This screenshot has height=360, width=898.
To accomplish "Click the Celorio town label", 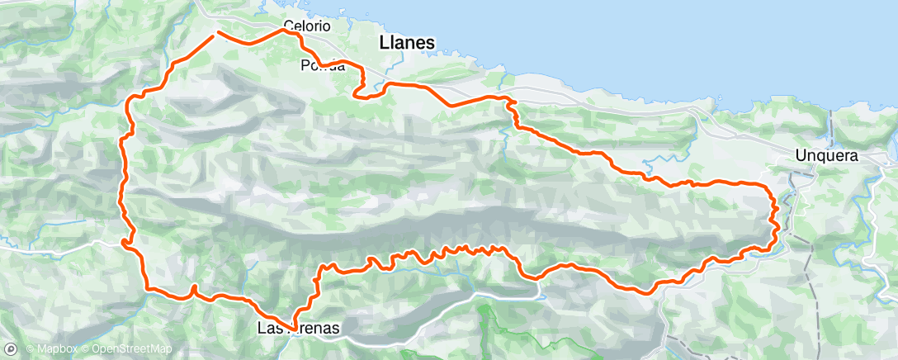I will click(x=306, y=26).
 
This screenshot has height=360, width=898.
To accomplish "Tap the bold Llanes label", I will click(x=407, y=42).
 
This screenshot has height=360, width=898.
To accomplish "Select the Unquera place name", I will click(x=827, y=154).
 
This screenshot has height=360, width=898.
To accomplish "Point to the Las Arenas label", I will click(x=298, y=329).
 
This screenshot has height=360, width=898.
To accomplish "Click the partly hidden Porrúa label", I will click(x=322, y=66).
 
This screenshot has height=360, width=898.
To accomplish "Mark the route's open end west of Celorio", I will click(x=216, y=33).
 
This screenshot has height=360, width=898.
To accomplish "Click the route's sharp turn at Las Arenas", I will click(x=291, y=327).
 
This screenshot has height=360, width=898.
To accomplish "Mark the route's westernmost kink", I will click(x=122, y=241).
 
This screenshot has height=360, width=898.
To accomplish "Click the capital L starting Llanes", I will click(x=384, y=42).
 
